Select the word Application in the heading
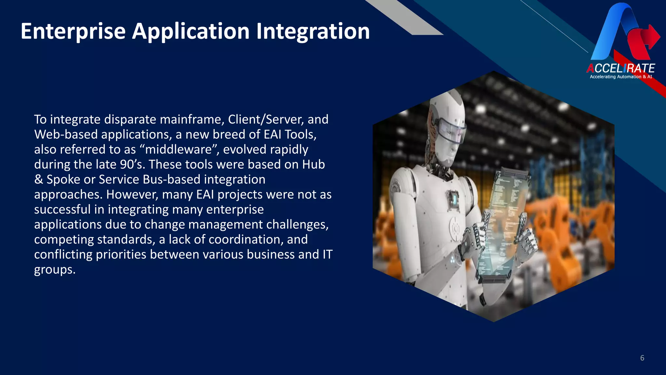click(191, 32)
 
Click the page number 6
click(642, 358)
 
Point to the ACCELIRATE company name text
click(620, 68)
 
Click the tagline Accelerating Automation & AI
click(621, 77)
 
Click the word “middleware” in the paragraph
click(179, 149)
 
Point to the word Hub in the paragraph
click(313, 164)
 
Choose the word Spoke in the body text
click(63, 179)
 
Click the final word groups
click(55, 270)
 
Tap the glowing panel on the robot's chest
click(454, 199)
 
